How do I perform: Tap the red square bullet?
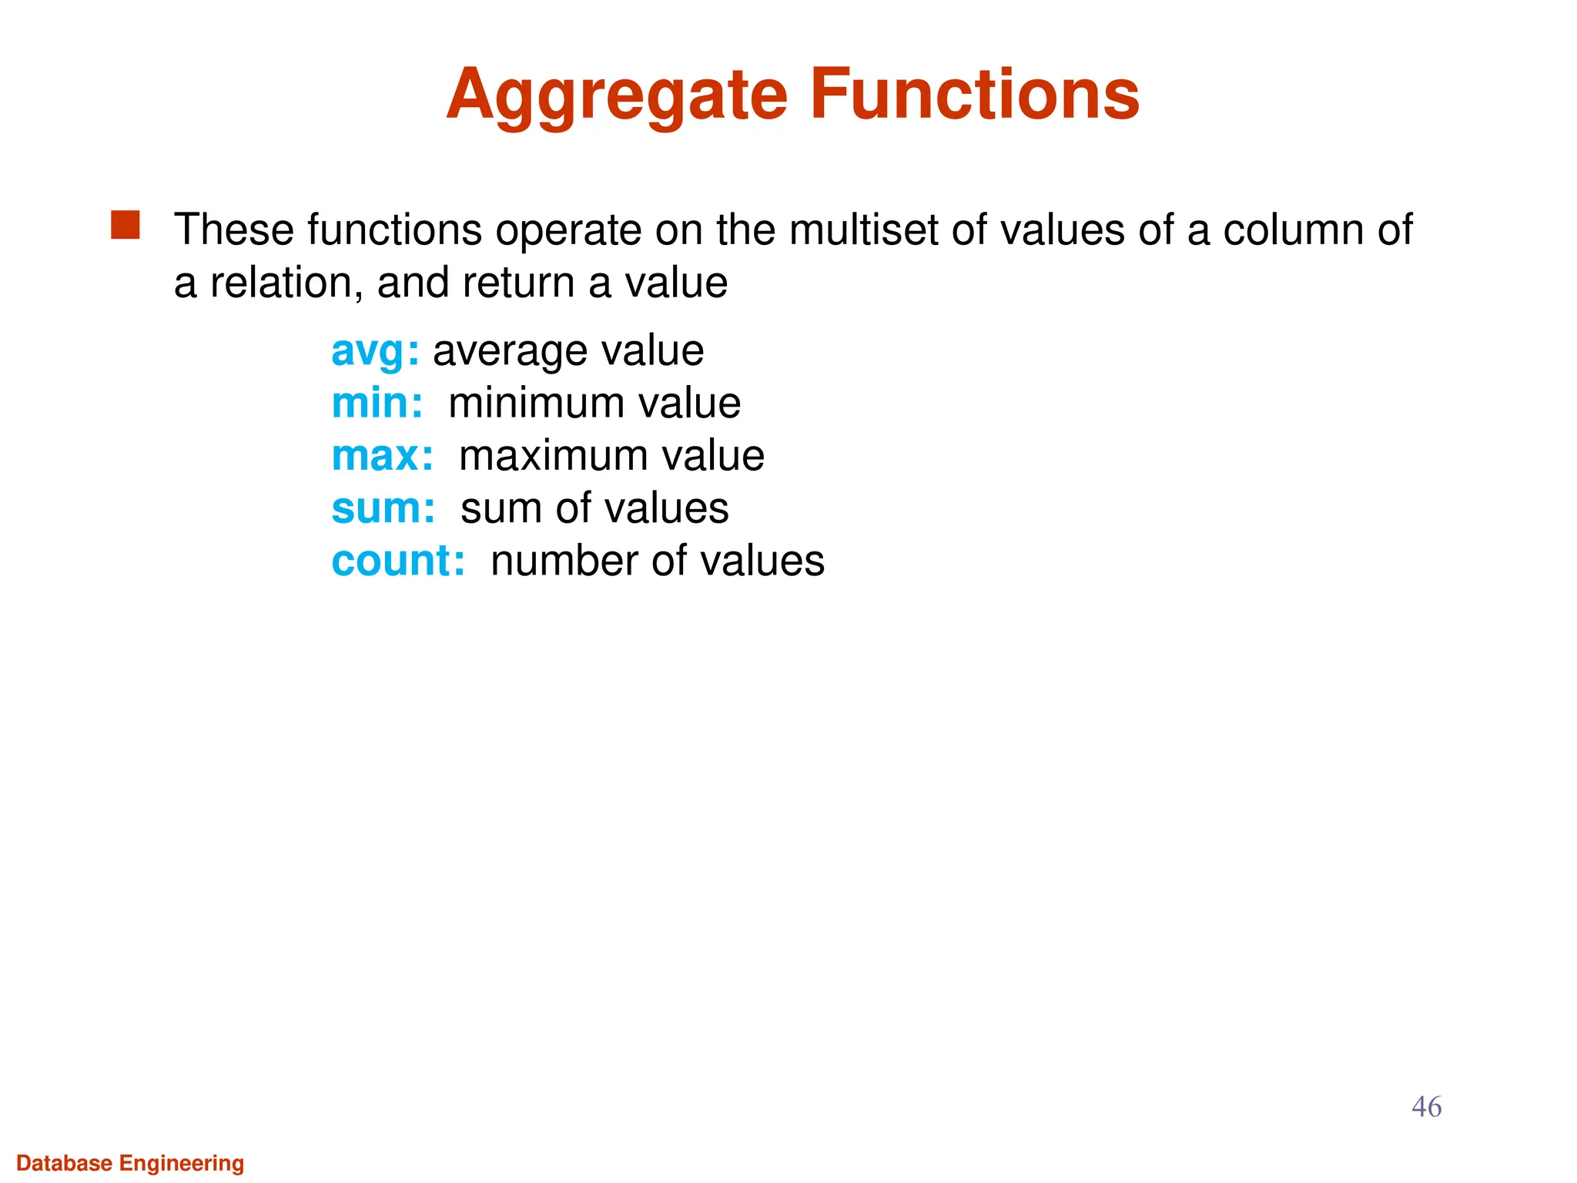pyautogui.click(x=126, y=226)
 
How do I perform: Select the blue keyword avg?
pyautogui.click(x=375, y=352)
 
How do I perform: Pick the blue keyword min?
pyautogui.click(x=377, y=404)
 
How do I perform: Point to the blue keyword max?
pyautogui.click(x=383, y=456)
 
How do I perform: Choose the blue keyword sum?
pyautogui.click(x=383, y=509)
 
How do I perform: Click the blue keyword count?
pyautogui.click(x=398, y=561)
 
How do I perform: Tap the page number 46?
pyautogui.click(x=1426, y=1107)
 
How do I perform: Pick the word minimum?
pyautogui.click(x=532, y=404)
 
